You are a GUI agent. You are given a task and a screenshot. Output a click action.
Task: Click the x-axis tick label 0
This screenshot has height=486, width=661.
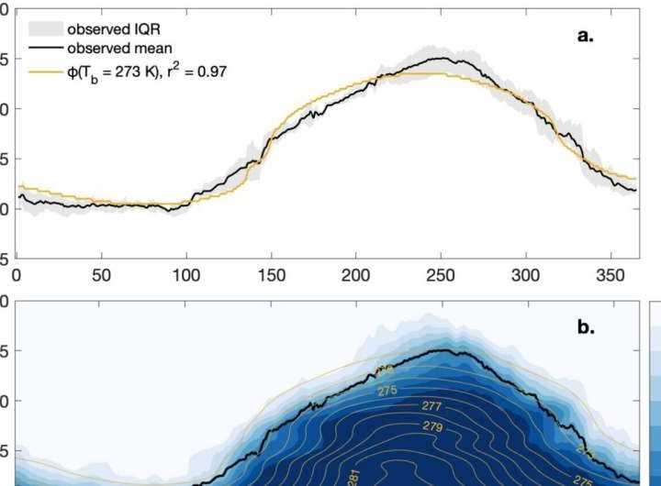coord(17,274)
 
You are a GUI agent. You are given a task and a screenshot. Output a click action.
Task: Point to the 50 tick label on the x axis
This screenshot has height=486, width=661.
coord(102,274)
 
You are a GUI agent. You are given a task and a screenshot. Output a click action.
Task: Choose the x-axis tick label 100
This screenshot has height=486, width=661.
coord(186,274)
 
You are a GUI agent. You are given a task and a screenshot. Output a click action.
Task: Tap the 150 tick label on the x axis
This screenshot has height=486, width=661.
coord(271,274)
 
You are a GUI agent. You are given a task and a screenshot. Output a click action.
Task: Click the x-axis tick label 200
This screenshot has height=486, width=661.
coord(356,274)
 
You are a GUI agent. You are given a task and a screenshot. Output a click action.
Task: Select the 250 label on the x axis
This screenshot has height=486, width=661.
coord(441,274)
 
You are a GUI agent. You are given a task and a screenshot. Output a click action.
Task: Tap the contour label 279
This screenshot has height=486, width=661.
coord(432,425)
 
